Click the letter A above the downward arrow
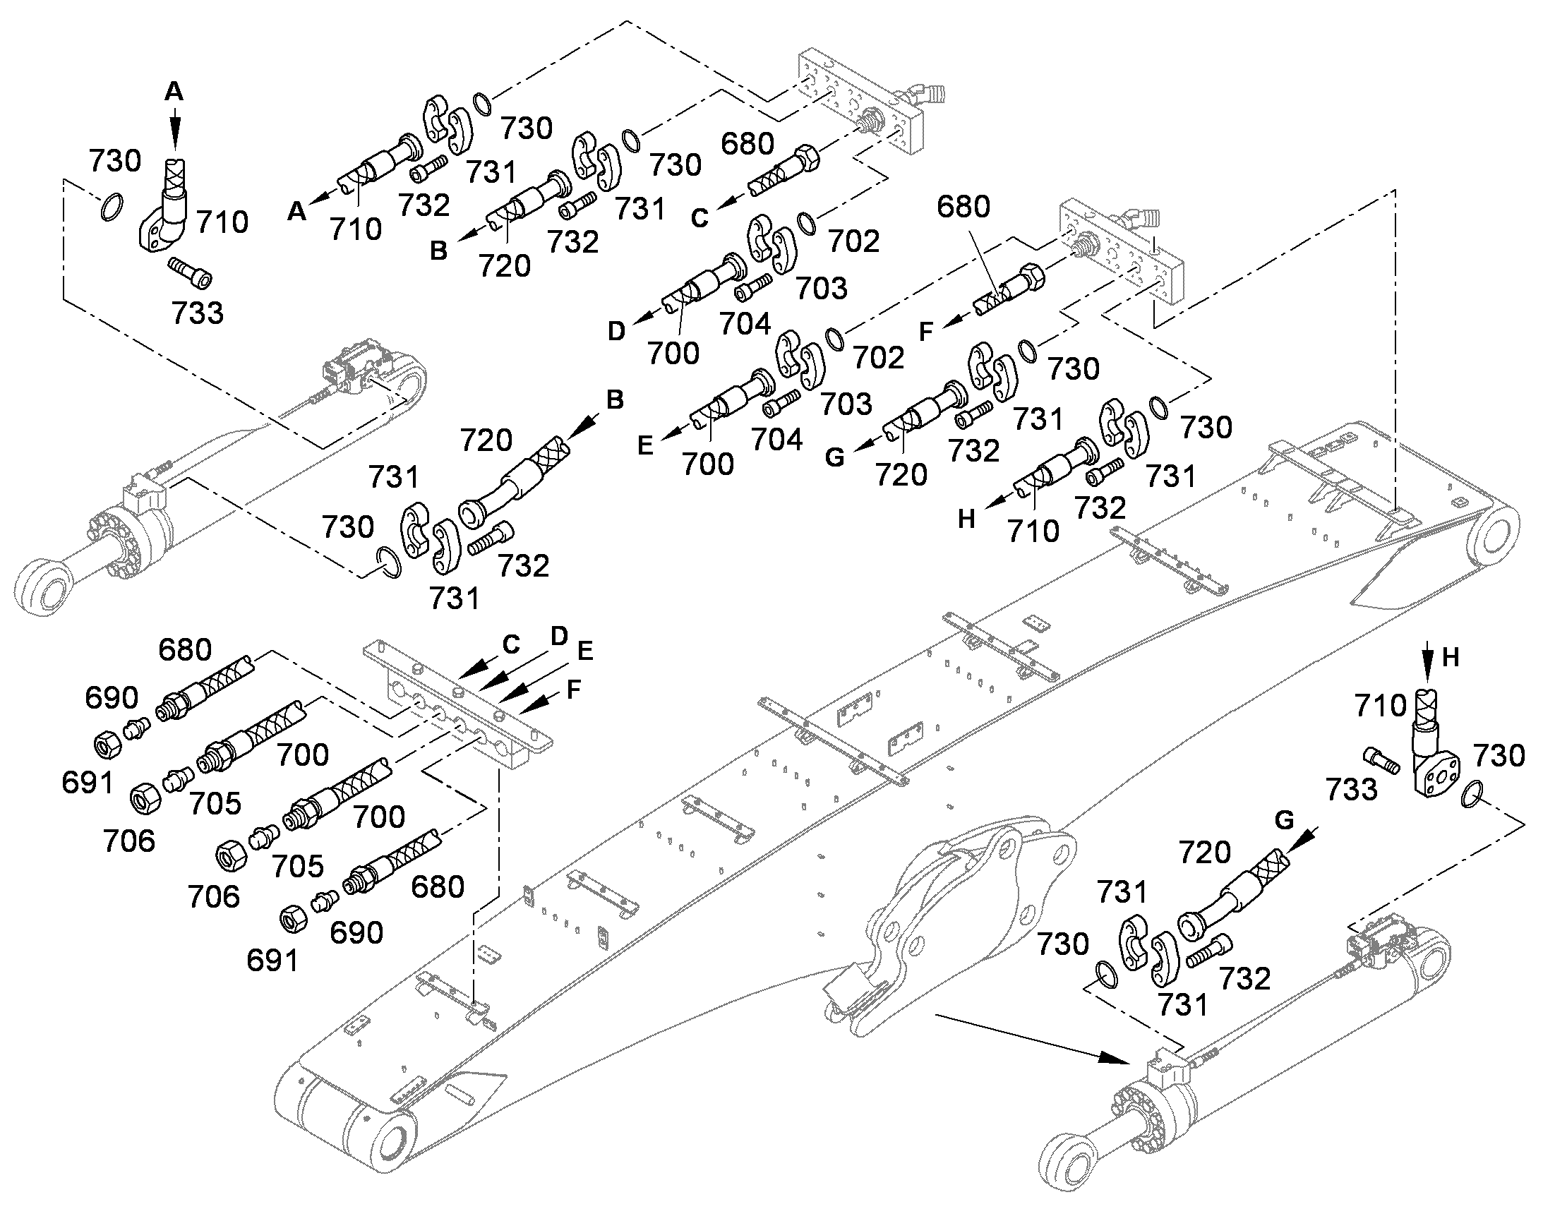tap(174, 91)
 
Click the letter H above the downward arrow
tap(1451, 658)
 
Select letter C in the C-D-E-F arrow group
tap(511, 644)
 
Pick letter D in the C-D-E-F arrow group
tap(559, 637)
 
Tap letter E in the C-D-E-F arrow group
tap(584, 651)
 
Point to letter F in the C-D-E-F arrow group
tap(574, 688)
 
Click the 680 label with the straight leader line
tap(963, 207)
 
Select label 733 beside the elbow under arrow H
tap(1352, 789)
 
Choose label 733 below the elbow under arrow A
tap(198, 313)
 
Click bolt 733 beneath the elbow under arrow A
tap(190, 273)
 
